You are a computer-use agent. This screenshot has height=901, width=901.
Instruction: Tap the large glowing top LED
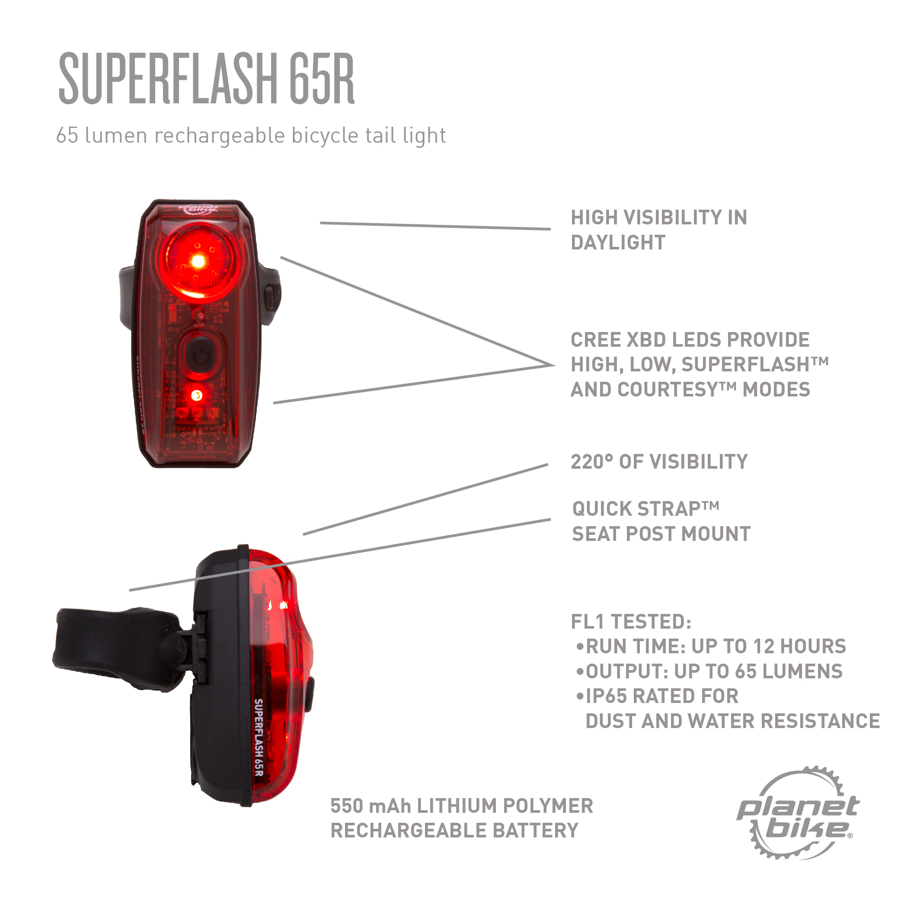click(x=198, y=261)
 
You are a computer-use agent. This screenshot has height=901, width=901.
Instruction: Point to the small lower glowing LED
click(x=197, y=396)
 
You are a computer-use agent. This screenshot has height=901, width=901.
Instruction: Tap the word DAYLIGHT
click(x=618, y=243)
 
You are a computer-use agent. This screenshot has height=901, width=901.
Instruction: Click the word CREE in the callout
click(x=595, y=340)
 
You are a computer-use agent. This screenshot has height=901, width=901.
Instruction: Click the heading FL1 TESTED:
click(x=631, y=622)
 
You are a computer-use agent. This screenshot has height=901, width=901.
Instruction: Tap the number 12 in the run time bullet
click(x=764, y=646)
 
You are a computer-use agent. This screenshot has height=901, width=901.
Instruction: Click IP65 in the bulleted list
click(x=606, y=696)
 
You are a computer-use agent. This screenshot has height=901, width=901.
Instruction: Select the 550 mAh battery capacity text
click(x=371, y=806)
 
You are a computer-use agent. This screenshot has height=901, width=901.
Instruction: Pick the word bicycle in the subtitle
click(x=325, y=136)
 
